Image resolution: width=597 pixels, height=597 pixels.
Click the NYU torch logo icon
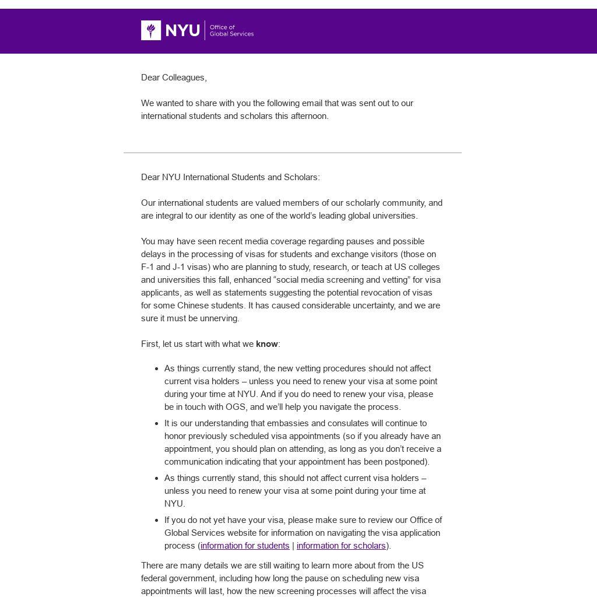coord(151,30)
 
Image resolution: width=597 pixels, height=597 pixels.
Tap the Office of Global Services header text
coord(231,30)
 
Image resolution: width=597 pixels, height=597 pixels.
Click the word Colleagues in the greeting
coord(184,78)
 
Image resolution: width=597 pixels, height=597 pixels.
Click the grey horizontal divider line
coord(292,153)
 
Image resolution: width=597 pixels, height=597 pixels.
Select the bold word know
coord(266,344)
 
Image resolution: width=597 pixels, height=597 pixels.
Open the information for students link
coord(245,546)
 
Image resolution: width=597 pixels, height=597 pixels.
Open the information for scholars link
coord(341,546)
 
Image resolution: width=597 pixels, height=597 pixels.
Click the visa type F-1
coord(148,267)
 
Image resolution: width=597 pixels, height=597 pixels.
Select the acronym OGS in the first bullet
coord(236,407)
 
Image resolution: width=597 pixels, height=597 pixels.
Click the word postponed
coord(408,462)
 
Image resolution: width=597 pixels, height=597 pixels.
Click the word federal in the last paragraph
coord(154,578)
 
